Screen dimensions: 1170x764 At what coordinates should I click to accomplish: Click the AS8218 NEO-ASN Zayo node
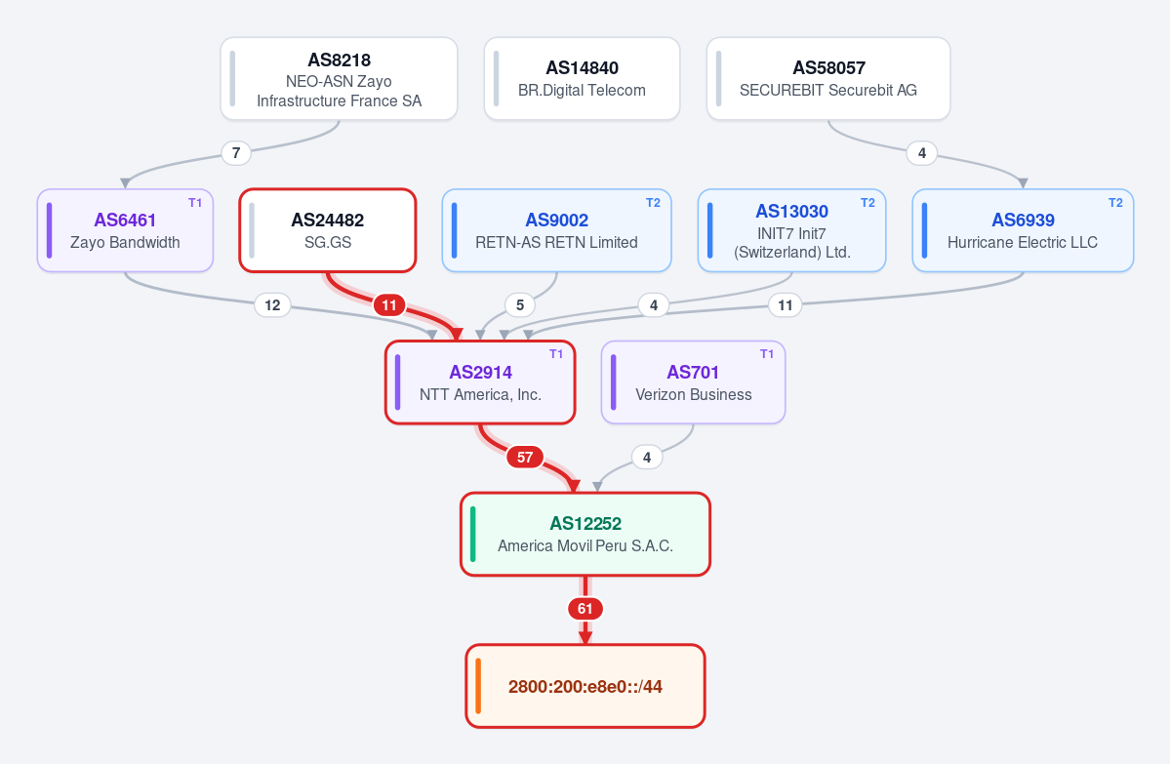pos(339,78)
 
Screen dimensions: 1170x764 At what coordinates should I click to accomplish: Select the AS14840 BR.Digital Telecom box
pos(582,78)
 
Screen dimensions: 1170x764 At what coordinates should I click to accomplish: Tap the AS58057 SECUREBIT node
pos(828,78)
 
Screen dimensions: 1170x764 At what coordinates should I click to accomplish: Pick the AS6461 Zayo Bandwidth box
pos(125,230)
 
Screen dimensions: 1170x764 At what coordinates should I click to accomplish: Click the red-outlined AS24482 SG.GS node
pos(328,230)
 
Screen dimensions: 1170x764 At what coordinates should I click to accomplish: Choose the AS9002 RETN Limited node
pos(556,230)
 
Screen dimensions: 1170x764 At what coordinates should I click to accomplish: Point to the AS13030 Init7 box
pos(791,230)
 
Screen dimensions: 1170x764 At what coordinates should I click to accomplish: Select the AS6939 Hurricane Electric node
pos(1023,230)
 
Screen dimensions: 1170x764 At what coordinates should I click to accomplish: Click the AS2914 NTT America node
pos(480,382)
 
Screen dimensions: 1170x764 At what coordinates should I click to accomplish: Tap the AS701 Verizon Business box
pos(693,382)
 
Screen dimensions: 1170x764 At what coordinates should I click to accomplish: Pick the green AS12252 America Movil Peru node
pos(585,534)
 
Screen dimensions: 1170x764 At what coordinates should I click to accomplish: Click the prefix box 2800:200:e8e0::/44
pos(585,686)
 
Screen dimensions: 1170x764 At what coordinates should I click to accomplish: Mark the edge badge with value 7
pos(236,153)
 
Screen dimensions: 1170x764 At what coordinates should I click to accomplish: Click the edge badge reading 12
pos(272,305)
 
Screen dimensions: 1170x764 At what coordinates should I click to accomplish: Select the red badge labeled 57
pos(525,458)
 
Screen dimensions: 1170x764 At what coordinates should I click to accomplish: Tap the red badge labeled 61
pos(585,609)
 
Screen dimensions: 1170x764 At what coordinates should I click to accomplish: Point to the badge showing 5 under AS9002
pos(520,305)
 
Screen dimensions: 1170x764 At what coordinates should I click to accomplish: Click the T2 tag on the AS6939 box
pos(1115,203)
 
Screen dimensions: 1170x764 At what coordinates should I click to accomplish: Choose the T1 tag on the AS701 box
pos(767,354)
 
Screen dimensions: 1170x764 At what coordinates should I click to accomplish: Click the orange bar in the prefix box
pos(478,686)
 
